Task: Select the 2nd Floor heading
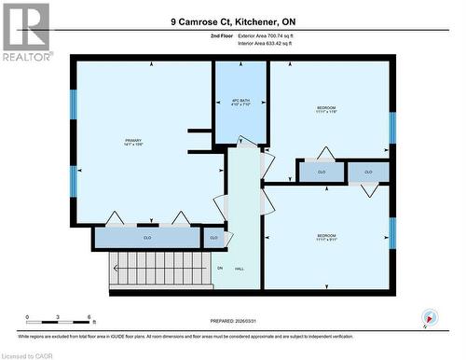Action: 222,35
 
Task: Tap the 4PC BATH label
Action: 240,102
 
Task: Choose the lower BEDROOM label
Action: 325,238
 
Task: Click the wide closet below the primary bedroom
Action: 147,238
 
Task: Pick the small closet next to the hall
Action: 213,238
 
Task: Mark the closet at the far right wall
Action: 368,172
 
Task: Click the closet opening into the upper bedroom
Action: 322,172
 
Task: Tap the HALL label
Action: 240,269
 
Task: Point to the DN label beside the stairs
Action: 221,269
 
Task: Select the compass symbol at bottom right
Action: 428,317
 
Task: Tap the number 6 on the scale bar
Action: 89,318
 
